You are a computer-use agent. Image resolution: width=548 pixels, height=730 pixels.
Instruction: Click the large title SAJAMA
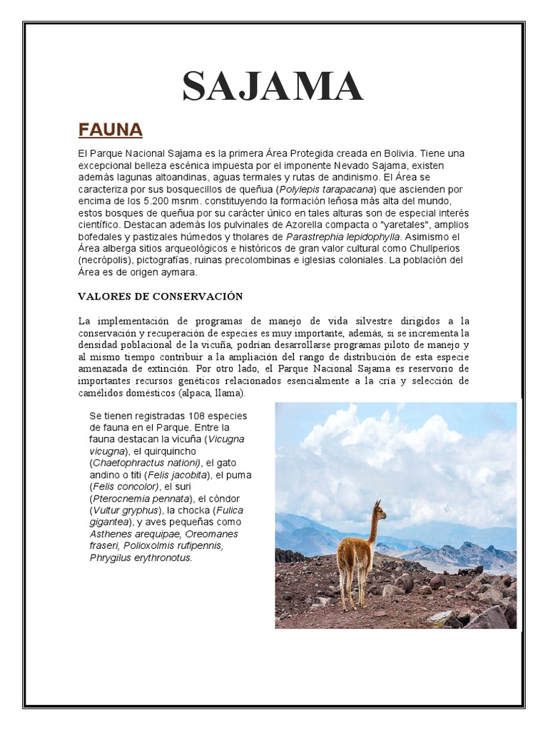(x=273, y=86)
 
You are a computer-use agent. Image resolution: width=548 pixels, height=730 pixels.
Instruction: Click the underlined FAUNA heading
(x=111, y=130)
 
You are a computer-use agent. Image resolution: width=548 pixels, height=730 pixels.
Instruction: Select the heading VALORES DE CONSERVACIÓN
(x=161, y=296)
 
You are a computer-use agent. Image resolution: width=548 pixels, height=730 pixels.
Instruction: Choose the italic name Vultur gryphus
(x=121, y=510)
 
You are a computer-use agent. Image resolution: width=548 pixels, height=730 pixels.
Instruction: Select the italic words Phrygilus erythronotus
(x=141, y=557)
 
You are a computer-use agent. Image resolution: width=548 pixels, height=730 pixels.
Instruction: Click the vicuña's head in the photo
(x=377, y=510)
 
